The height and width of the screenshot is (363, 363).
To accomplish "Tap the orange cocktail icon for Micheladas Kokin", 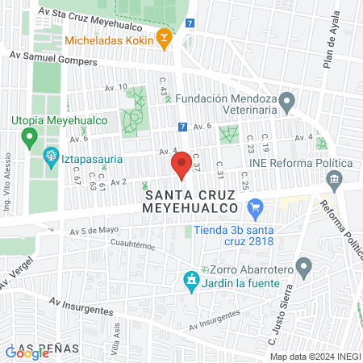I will [164, 38].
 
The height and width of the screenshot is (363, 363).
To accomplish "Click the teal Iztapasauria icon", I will [51, 154].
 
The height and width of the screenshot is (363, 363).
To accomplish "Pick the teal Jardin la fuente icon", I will [191, 280].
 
